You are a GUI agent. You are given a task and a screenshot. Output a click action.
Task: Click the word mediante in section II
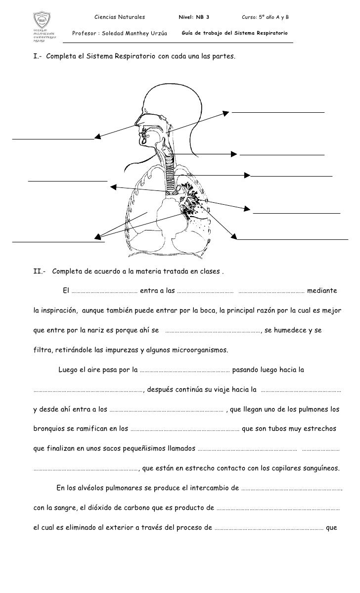(x=322, y=290)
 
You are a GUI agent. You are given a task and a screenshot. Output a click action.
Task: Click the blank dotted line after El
(x=104, y=291)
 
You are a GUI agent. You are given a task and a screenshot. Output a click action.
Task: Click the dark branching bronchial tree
(x=190, y=198)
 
